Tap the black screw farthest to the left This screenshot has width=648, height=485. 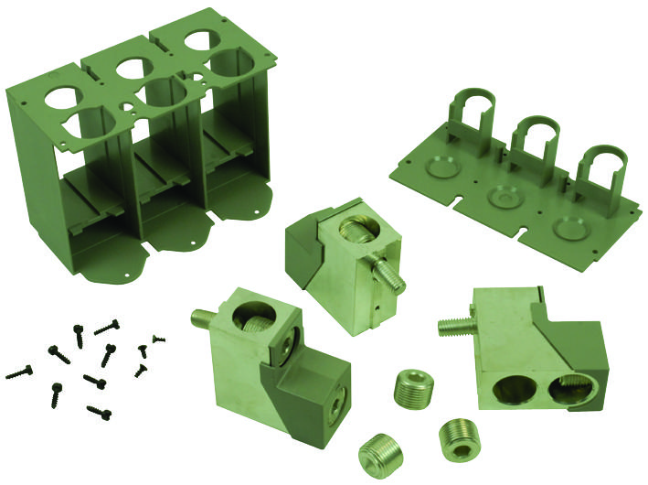(x=19, y=372)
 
